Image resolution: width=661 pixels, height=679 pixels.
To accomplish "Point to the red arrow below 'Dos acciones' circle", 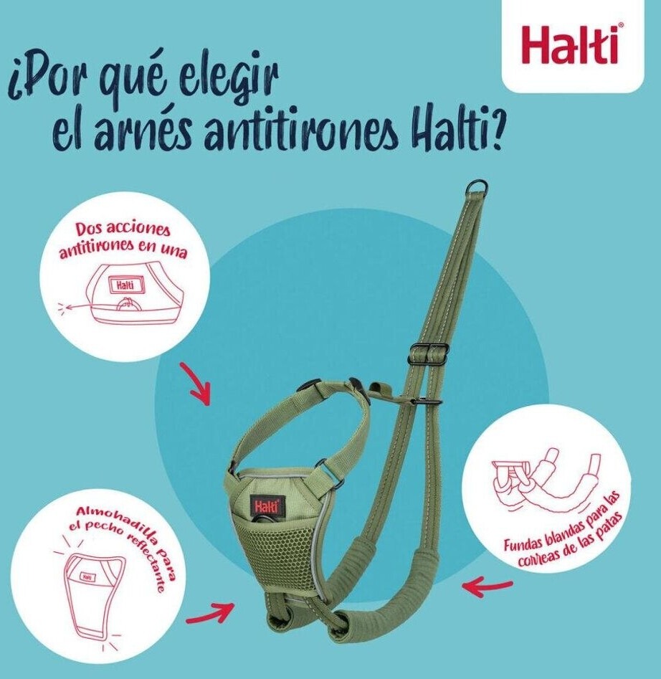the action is [x=196, y=384].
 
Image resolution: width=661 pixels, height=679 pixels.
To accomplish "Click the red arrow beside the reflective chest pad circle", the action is [x=210, y=612].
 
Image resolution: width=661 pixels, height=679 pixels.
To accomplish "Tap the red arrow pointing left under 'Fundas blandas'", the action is [x=487, y=586].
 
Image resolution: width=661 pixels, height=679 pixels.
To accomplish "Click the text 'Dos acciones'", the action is [x=123, y=229].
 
